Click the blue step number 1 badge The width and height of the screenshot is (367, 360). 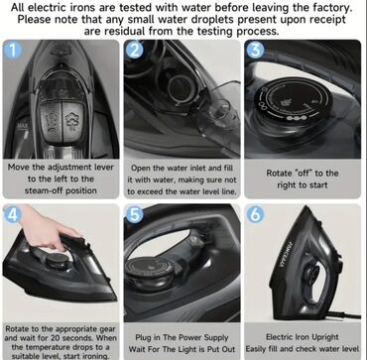point(13,51)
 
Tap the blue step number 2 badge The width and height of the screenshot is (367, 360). point(135,51)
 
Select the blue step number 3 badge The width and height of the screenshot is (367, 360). point(255,51)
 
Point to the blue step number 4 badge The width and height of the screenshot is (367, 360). point(13,214)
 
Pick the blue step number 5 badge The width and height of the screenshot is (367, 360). point(135,214)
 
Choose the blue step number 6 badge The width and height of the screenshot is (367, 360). point(255,214)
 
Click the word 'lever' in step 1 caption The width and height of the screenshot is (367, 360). point(104,167)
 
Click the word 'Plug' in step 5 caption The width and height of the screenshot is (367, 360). point(143,338)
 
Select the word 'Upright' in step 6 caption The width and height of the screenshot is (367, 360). point(324,337)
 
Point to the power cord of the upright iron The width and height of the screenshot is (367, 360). point(344,315)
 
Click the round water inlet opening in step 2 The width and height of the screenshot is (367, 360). point(179,86)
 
